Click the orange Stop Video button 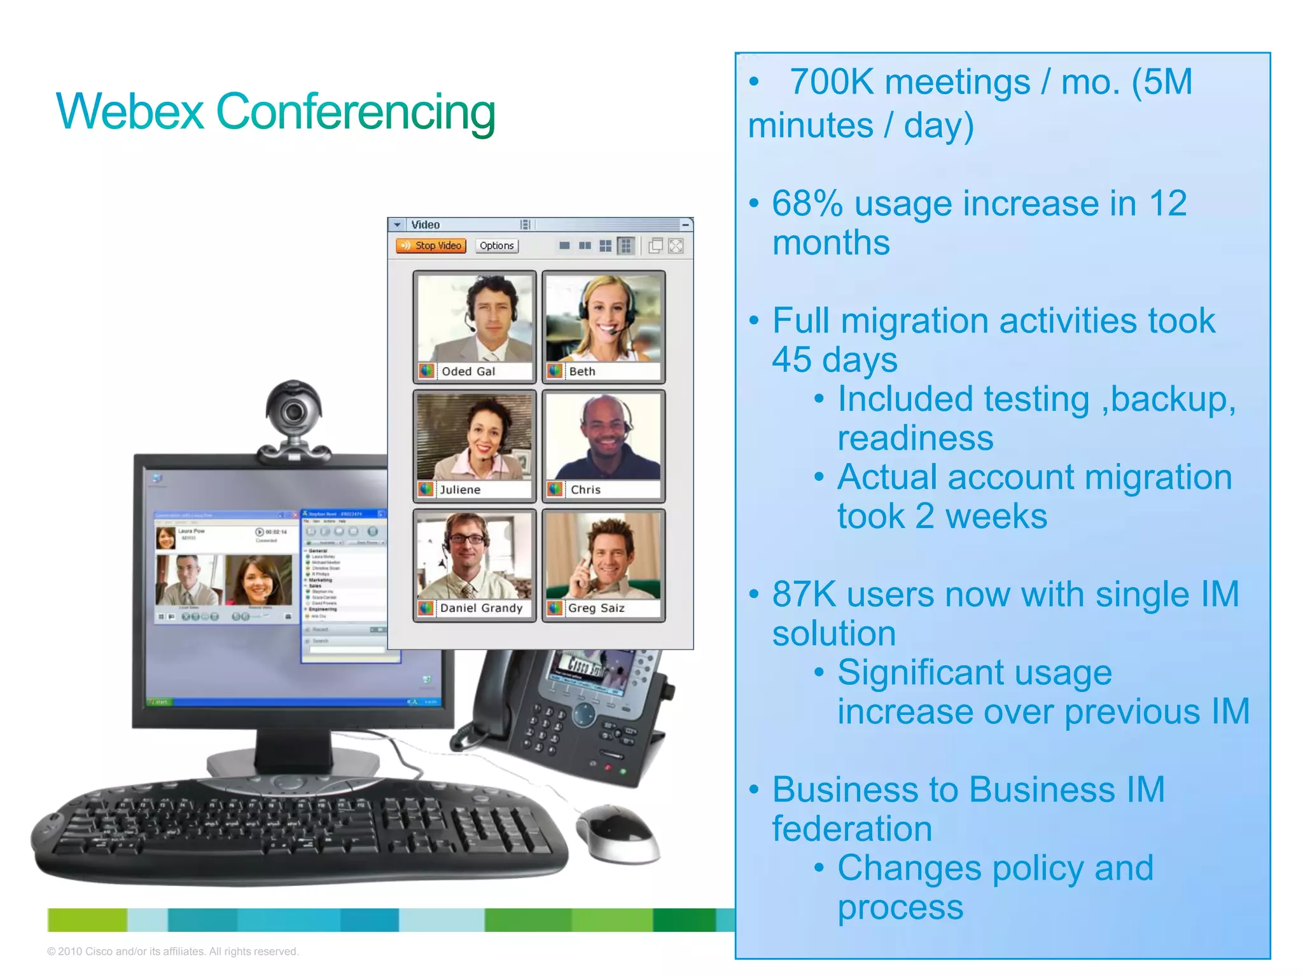point(431,246)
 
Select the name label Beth point(582,371)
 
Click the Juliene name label point(460,490)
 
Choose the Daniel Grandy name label point(481,608)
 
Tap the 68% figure point(807,204)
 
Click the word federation point(852,829)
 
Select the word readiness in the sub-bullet point(915,438)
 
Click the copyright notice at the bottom point(172,952)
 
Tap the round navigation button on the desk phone point(583,714)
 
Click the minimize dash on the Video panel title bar point(685,225)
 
